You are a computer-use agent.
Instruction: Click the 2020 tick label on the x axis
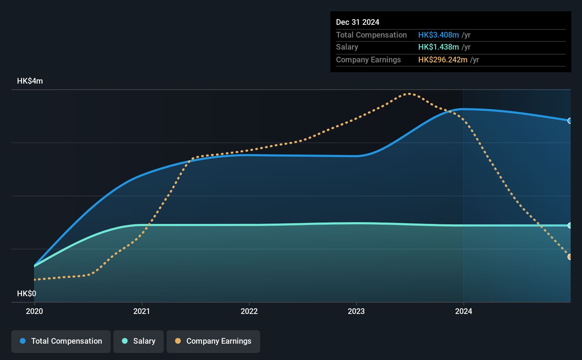click(34, 311)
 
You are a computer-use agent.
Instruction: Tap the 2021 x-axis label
click(142, 311)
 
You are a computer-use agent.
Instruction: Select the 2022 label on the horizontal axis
click(249, 311)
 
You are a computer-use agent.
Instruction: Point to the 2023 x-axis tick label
click(356, 311)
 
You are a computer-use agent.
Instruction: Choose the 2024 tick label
click(464, 311)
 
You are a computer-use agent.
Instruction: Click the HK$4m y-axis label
click(30, 81)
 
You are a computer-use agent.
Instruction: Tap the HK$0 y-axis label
click(27, 293)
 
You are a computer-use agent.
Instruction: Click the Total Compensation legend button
click(61, 341)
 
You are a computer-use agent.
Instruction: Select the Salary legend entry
click(139, 341)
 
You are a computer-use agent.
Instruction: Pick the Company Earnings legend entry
click(213, 341)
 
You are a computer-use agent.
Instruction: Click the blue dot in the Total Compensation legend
click(23, 341)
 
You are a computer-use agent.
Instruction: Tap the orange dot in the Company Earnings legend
click(178, 341)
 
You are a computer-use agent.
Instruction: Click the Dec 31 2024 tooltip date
click(358, 22)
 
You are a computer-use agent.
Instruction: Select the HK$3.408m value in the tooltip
click(438, 35)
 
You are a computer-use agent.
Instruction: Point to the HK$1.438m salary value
click(438, 47)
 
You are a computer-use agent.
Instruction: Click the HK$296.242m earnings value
click(443, 60)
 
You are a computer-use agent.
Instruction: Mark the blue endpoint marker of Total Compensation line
click(569, 121)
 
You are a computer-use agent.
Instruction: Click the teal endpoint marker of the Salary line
click(569, 225)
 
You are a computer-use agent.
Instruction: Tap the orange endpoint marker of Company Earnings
click(569, 257)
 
